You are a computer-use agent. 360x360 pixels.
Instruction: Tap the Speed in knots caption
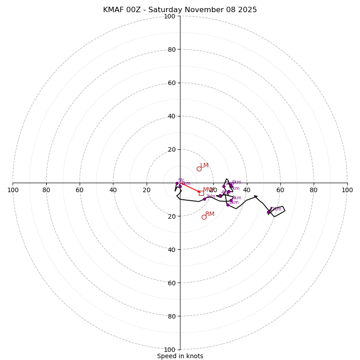pos(180,356)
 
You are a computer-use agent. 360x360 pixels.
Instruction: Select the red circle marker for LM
pos(199,169)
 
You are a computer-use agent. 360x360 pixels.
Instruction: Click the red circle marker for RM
pos(204,217)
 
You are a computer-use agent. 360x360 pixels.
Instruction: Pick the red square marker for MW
pos(201,193)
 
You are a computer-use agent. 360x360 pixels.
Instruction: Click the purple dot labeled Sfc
pos(177,183)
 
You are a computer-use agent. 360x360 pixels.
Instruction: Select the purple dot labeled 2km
pos(204,199)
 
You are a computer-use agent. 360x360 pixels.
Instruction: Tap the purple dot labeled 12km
pos(269,212)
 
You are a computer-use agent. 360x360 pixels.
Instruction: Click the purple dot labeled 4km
pos(220,195)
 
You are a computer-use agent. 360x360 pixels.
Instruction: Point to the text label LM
pos(204,166)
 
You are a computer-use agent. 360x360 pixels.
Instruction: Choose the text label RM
pos(210,214)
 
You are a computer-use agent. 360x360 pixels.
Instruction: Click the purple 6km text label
pos(237,182)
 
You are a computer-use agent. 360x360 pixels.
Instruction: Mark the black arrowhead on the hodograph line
pos(256,197)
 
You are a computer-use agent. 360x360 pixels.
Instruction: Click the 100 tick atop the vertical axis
pos(170,16)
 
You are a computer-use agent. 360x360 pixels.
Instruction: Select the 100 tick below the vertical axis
pos(170,349)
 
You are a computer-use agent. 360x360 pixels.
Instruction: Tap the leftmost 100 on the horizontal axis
pos(13,190)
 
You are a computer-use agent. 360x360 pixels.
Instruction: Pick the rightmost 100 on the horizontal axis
pos(347,190)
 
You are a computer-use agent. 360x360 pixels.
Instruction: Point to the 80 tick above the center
pos(171,49)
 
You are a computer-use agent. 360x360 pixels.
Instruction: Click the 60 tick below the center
pos(171,283)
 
